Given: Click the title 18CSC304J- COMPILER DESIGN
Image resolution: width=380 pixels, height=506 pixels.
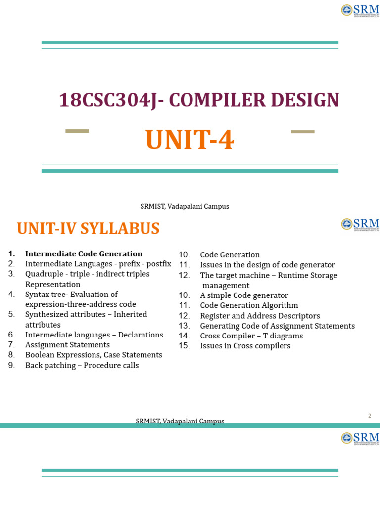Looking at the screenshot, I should pyautogui.click(x=199, y=100).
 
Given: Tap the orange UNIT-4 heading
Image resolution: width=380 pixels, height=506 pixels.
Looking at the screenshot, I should pyautogui.click(x=190, y=140).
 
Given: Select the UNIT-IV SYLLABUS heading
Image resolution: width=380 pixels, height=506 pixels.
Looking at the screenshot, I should pyautogui.click(x=88, y=229).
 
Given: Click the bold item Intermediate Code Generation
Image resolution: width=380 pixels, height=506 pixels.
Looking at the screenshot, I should pyautogui.click(x=84, y=254).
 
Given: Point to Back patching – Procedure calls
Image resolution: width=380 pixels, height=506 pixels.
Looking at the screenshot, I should pyautogui.click(x=82, y=365).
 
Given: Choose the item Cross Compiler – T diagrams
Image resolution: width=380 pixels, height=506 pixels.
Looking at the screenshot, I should pyautogui.click(x=251, y=336).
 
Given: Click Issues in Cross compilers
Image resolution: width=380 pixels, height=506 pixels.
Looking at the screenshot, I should pyautogui.click(x=245, y=346).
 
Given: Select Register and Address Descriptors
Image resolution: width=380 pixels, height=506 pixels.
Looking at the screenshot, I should pyautogui.click(x=260, y=316).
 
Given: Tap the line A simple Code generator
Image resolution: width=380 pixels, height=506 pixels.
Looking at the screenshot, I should pyautogui.click(x=244, y=295).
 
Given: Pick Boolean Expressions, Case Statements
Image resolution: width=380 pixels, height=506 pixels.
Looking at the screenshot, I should pyautogui.click(x=94, y=355).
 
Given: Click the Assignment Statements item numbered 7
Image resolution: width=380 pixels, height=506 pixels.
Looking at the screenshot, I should pyautogui.click(x=67, y=345).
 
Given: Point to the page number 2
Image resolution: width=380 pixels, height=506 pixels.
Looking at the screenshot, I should pyautogui.click(x=369, y=416).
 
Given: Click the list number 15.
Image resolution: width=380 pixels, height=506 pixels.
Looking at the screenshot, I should pyautogui.click(x=184, y=346).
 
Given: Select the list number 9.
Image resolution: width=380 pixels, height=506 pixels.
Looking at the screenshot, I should pyautogui.click(x=11, y=365).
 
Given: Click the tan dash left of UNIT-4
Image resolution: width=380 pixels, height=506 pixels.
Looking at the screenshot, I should pyautogui.click(x=77, y=131).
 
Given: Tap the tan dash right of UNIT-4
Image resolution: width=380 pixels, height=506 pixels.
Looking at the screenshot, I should pyautogui.click(x=302, y=132).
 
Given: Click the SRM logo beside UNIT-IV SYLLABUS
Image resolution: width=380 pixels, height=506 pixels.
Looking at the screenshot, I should pyautogui.click(x=360, y=224).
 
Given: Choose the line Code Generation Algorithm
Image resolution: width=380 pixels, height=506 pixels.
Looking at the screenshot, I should pyautogui.click(x=249, y=305).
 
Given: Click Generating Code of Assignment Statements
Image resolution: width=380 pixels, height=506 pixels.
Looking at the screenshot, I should pyautogui.click(x=277, y=326).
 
